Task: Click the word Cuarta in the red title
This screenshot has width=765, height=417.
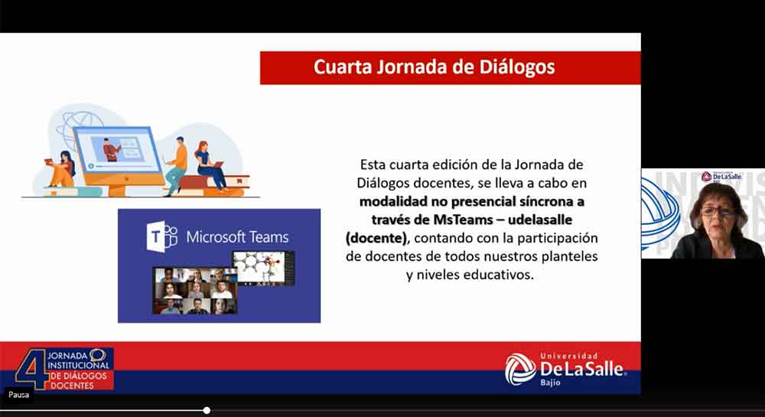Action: click(x=343, y=67)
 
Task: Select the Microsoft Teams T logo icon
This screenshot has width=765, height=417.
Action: click(x=161, y=236)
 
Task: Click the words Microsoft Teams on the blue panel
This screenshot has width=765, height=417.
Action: click(x=237, y=237)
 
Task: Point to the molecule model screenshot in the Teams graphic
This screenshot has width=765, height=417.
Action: click(x=263, y=268)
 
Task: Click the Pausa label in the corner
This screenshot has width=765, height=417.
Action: click(x=18, y=395)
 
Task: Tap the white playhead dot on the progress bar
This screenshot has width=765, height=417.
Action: click(x=207, y=411)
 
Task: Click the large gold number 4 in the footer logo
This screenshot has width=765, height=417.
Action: click(x=31, y=368)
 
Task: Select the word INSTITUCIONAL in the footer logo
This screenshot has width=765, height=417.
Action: click(x=79, y=365)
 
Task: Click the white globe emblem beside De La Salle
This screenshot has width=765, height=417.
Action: click(x=520, y=369)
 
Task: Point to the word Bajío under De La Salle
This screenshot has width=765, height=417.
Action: click(x=550, y=383)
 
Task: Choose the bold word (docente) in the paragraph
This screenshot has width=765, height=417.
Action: click(x=376, y=238)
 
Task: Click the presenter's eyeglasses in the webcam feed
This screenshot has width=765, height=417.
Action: click(x=718, y=211)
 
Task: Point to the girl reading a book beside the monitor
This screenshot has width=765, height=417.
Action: click(x=61, y=170)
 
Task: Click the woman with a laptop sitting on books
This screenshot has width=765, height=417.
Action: click(x=210, y=165)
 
